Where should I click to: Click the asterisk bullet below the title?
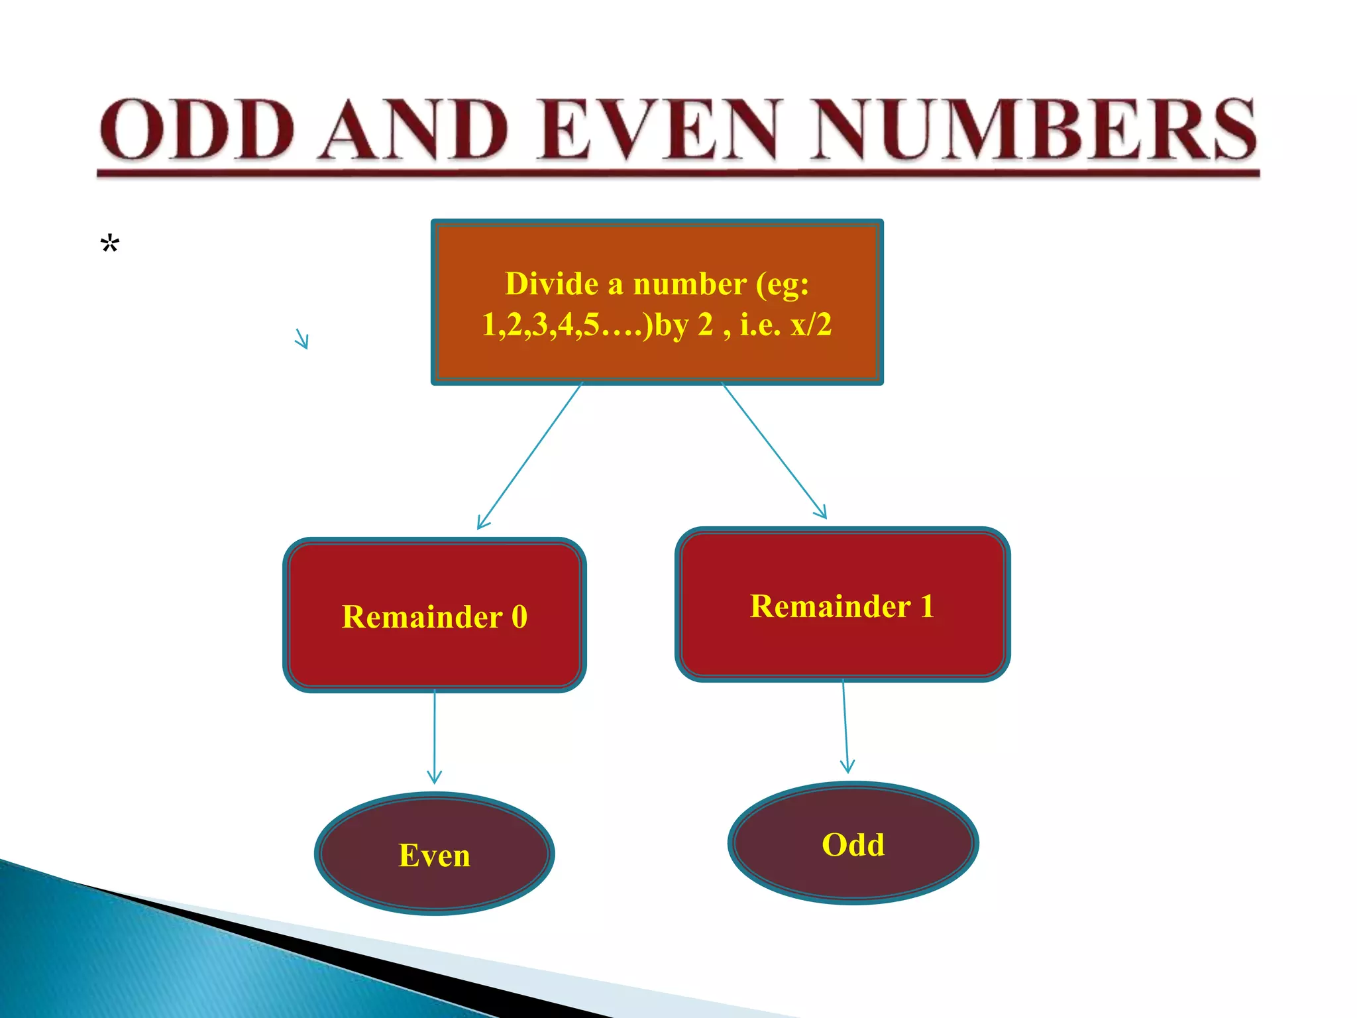[x=110, y=244]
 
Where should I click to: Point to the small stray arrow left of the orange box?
[x=301, y=339]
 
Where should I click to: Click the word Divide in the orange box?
[x=552, y=284]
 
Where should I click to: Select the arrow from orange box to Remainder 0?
[x=530, y=455]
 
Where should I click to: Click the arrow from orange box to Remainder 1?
[x=774, y=451]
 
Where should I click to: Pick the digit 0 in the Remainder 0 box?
[x=519, y=617]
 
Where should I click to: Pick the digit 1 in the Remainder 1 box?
[x=927, y=606]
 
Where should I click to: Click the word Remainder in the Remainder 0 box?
[x=422, y=617]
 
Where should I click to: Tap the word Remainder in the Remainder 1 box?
[x=830, y=606]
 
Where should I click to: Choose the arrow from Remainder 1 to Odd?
[x=845, y=726]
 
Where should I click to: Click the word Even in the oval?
[x=435, y=856]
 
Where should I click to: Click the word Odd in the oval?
[x=853, y=845]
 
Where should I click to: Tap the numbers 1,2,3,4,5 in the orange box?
[x=540, y=325]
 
